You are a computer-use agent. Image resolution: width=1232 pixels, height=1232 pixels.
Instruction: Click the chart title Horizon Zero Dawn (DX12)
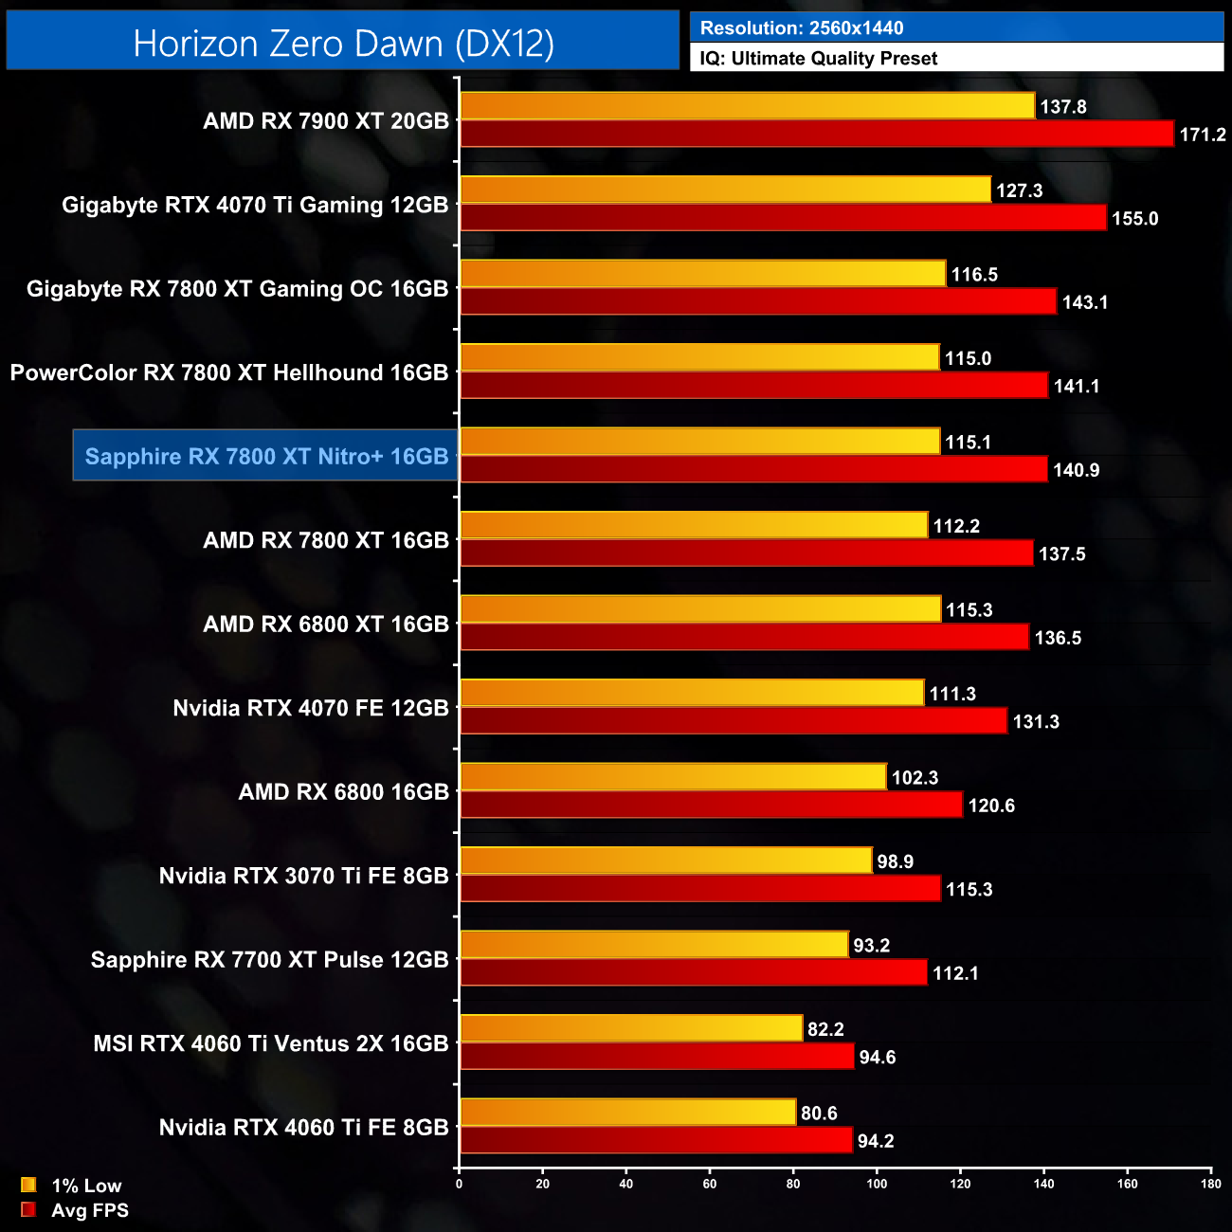pyautogui.click(x=343, y=44)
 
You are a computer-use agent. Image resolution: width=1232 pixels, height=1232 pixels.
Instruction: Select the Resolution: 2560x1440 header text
pyautogui.click(x=802, y=28)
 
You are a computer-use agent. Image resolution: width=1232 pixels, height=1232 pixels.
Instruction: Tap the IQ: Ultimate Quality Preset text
pyautogui.click(x=819, y=59)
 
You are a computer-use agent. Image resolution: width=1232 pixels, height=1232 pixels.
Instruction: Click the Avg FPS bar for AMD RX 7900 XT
pyautogui.click(x=816, y=134)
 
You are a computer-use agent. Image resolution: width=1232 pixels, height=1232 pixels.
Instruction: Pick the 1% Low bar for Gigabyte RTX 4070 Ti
pyautogui.click(x=725, y=190)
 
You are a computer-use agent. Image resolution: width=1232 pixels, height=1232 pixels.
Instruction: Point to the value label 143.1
pyautogui.click(x=1085, y=302)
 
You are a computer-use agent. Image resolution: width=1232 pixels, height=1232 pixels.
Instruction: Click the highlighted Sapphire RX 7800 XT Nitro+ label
pyautogui.click(x=266, y=456)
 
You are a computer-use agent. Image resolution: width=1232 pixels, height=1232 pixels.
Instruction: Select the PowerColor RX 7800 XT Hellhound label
pyautogui.click(x=229, y=372)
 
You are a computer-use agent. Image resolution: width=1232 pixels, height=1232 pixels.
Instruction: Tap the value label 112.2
pyautogui.click(x=956, y=526)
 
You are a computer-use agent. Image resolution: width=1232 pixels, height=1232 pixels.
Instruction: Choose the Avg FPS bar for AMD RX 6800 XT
pyautogui.click(x=744, y=637)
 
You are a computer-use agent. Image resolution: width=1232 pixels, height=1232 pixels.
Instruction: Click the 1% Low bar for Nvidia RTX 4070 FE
pyautogui.click(x=692, y=693)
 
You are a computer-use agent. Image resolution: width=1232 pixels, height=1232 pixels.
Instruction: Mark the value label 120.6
pyautogui.click(x=991, y=806)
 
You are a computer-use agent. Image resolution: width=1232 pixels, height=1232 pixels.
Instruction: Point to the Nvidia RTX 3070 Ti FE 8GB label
pyautogui.click(x=303, y=876)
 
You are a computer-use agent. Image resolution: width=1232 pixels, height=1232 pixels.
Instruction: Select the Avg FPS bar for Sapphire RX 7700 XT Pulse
pyautogui.click(x=693, y=972)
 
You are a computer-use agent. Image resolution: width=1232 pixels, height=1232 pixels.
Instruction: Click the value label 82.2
pyautogui.click(x=825, y=1029)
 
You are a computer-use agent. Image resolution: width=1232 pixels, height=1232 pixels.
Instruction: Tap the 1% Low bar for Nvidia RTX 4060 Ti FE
pyautogui.click(x=627, y=1113)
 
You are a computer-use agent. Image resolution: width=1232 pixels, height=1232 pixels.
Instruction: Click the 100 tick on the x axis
pyautogui.click(x=877, y=1184)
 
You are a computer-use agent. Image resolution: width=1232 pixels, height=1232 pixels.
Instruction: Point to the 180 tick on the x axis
pyautogui.click(x=1211, y=1184)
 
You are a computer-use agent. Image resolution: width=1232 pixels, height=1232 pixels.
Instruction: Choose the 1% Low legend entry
pyautogui.click(x=72, y=1186)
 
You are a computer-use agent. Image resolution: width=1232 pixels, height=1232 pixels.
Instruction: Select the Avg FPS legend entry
pyautogui.click(x=75, y=1210)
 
